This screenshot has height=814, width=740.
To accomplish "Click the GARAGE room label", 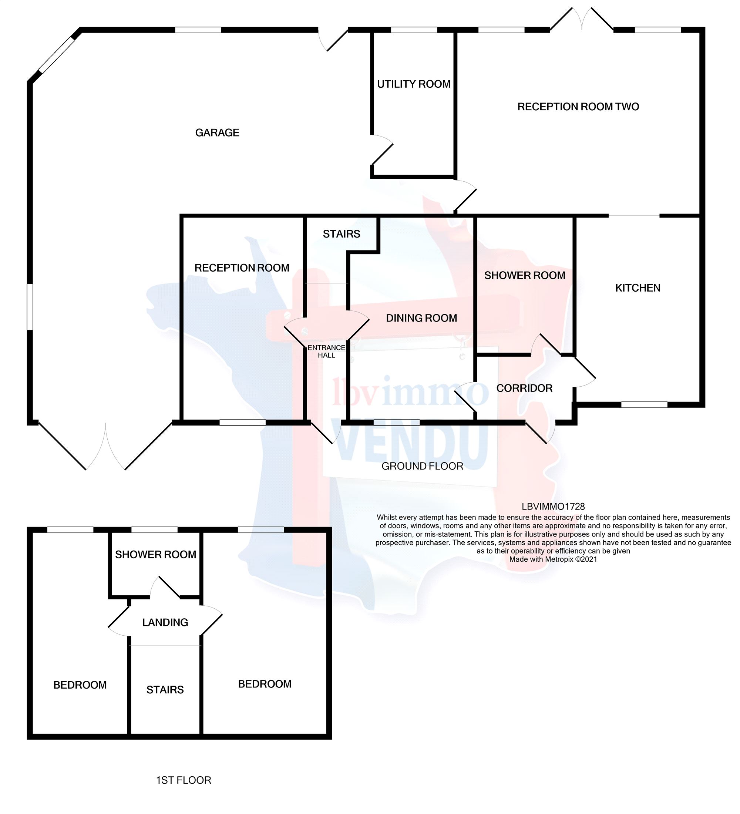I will (x=217, y=132).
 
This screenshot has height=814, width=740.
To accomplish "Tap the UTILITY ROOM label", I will (x=414, y=84).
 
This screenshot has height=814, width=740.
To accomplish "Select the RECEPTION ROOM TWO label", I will (x=578, y=107).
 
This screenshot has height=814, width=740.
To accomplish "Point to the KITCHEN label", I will (x=638, y=288).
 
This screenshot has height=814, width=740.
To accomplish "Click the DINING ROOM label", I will (x=421, y=318).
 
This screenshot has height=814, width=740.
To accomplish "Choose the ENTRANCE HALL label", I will (x=327, y=351).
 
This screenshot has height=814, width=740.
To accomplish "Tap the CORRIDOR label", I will (x=524, y=388).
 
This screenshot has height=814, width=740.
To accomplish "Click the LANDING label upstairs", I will (x=165, y=622).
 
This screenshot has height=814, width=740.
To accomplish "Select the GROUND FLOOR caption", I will (x=422, y=466).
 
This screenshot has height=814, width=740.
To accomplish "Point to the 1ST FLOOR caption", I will (x=184, y=780).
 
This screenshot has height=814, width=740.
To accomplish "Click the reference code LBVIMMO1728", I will (x=553, y=506).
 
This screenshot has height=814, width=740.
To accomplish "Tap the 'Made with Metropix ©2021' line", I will (x=553, y=559).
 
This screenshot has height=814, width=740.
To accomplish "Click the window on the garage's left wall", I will (x=30, y=307).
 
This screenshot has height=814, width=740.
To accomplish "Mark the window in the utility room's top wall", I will (x=414, y=30).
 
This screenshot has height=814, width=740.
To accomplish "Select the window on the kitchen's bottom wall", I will (x=644, y=404).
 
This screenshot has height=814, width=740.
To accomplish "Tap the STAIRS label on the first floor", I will (x=165, y=690).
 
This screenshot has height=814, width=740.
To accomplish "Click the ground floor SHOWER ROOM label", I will (x=525, y=275).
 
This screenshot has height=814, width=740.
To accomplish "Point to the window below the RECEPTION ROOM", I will (x=243, y=423).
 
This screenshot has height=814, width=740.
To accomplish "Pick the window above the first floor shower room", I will (x=155, y=530).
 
